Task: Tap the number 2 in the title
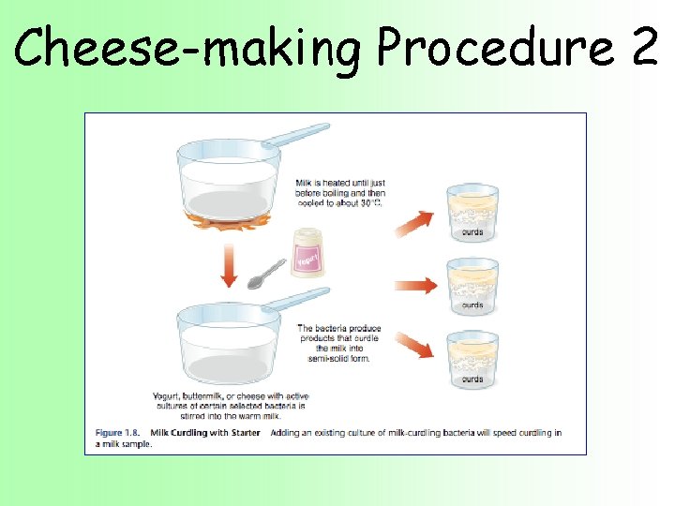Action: pos(644,46)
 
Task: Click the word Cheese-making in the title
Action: pos(187,46)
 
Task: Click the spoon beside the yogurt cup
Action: pos(266,275)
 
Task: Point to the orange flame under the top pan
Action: pos(225,221)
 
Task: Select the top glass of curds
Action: pos(472,212)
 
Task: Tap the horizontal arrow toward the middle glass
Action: pos(416,286)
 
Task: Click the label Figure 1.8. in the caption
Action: pos(120,433)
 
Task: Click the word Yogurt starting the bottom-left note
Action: pos(170,396)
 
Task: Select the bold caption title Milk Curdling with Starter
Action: pos(206,433)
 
